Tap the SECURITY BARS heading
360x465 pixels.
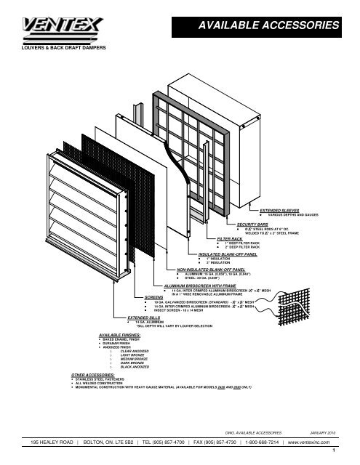pos(249,223)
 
